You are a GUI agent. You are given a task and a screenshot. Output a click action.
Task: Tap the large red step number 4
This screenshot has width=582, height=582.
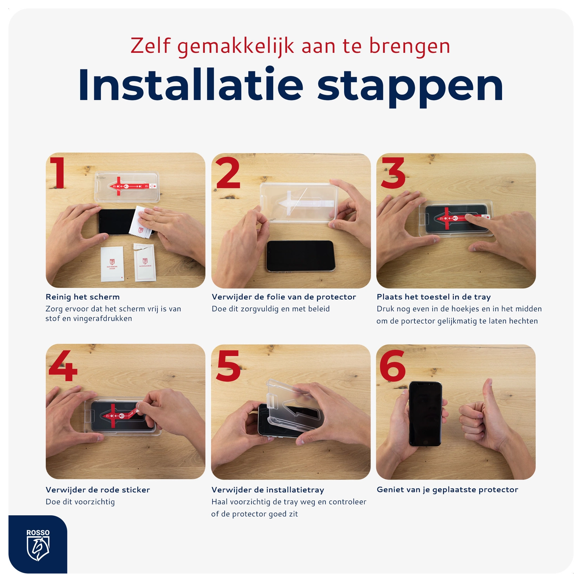tap(63, 365)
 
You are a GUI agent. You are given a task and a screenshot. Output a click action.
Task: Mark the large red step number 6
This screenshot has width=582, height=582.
tap(392, 365)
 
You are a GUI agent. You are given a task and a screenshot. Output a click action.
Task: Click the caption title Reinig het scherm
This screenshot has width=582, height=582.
tap(83, 297)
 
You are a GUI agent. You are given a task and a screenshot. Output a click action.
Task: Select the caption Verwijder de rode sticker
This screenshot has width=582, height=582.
tap(98, 490)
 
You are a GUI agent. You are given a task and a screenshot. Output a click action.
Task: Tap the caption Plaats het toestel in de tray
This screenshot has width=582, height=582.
tap(433, 297)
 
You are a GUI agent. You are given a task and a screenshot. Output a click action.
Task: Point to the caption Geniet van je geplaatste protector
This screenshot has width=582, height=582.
tap(447, 490)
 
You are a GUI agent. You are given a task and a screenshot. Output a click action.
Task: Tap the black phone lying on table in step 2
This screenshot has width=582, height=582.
tap(300, 256)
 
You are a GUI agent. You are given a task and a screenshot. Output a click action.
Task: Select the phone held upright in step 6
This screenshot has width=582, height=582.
tap(425, 414)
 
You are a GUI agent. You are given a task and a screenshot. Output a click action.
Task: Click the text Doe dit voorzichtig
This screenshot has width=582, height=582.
tap(80, 502)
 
